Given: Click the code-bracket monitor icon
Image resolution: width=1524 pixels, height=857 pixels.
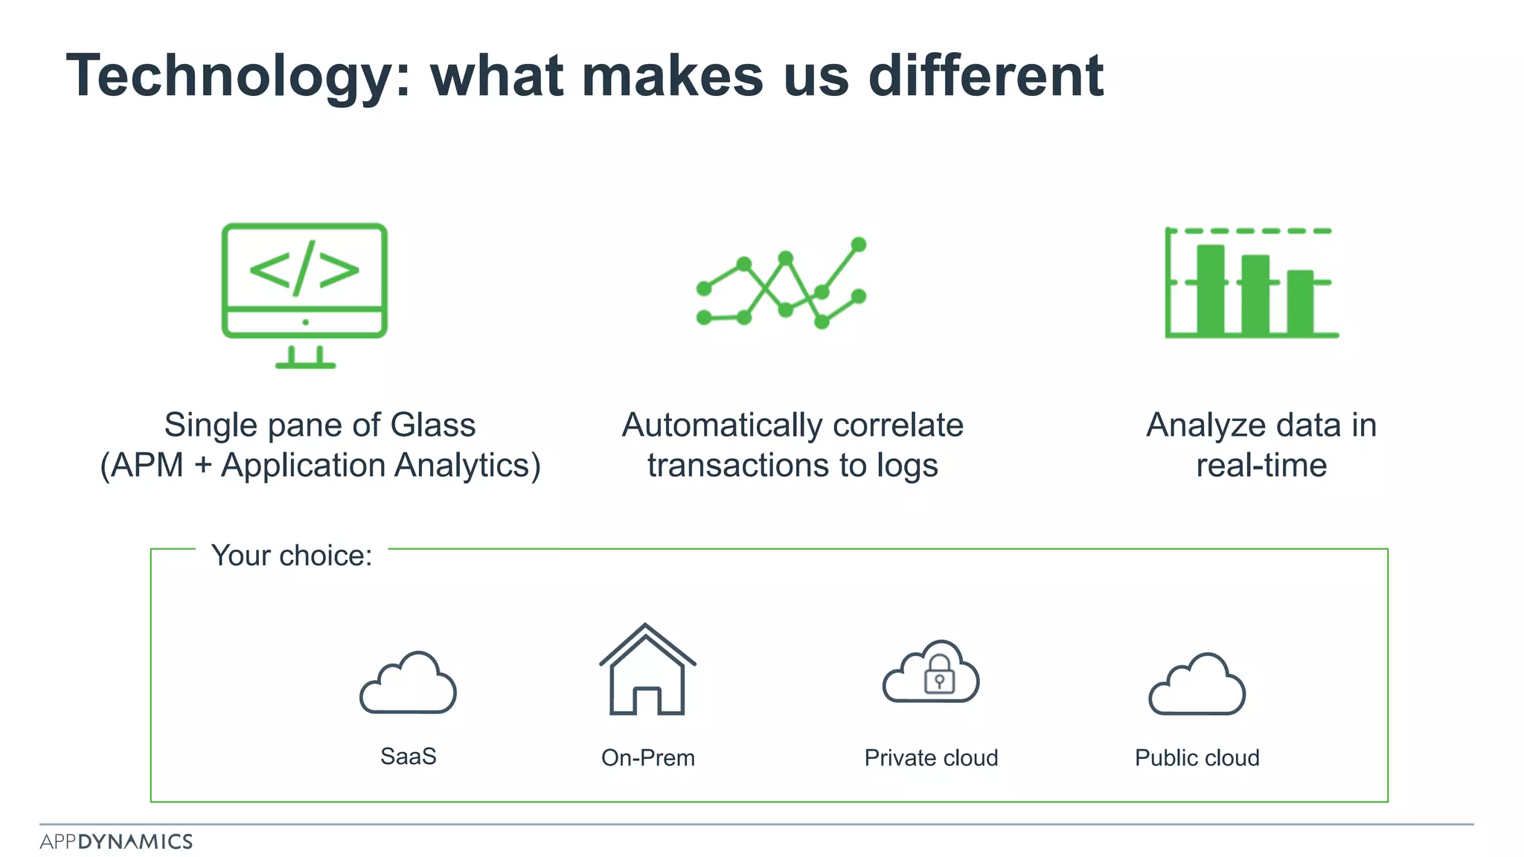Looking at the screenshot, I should click(x=304, y=293).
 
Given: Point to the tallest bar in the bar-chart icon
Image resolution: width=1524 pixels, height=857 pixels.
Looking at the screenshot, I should click(x=1210, y=289).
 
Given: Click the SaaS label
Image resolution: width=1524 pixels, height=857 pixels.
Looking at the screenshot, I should click(x=408, y=757).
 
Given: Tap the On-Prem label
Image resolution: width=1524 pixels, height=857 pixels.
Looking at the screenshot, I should click(x=647, y=758).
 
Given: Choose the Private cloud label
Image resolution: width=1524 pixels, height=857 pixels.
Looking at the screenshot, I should click(x=931, y=758).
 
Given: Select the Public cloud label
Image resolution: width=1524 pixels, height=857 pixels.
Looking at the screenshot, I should click(x=1197, y=758).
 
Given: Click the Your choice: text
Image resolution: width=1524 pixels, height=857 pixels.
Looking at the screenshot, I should click(x=292, y=556).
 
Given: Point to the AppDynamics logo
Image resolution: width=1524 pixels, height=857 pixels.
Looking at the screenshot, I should click(x=116, y=841).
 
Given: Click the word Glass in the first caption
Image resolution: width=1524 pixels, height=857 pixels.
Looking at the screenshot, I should click(x=433, y=426).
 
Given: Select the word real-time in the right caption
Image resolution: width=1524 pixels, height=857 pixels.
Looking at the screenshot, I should click(x=1261, y=466).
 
